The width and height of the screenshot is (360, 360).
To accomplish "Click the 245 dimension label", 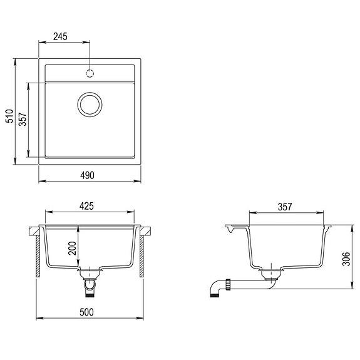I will tap(60, 37).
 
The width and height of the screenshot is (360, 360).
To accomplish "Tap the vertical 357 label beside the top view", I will tap(23, 119).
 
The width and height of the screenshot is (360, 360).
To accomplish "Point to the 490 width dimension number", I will tap(87, 175).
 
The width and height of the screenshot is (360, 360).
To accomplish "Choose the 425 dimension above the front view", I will tap(88, 205).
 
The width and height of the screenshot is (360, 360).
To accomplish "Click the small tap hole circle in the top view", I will tap(90, 73).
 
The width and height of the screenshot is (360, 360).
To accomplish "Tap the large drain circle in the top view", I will tap(89, 104).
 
